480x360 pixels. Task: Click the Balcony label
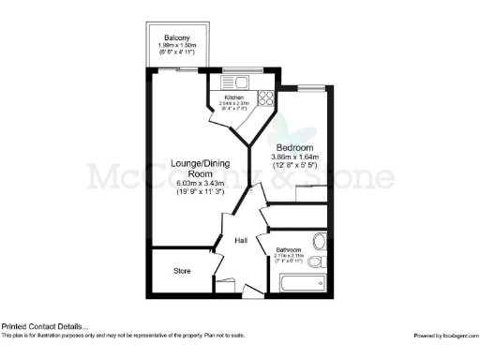185,38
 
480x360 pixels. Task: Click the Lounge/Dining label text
198,162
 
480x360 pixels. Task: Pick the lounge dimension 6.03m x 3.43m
198,184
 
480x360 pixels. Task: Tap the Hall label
241,240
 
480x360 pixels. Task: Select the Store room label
182,271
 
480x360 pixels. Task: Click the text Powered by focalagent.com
445,335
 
